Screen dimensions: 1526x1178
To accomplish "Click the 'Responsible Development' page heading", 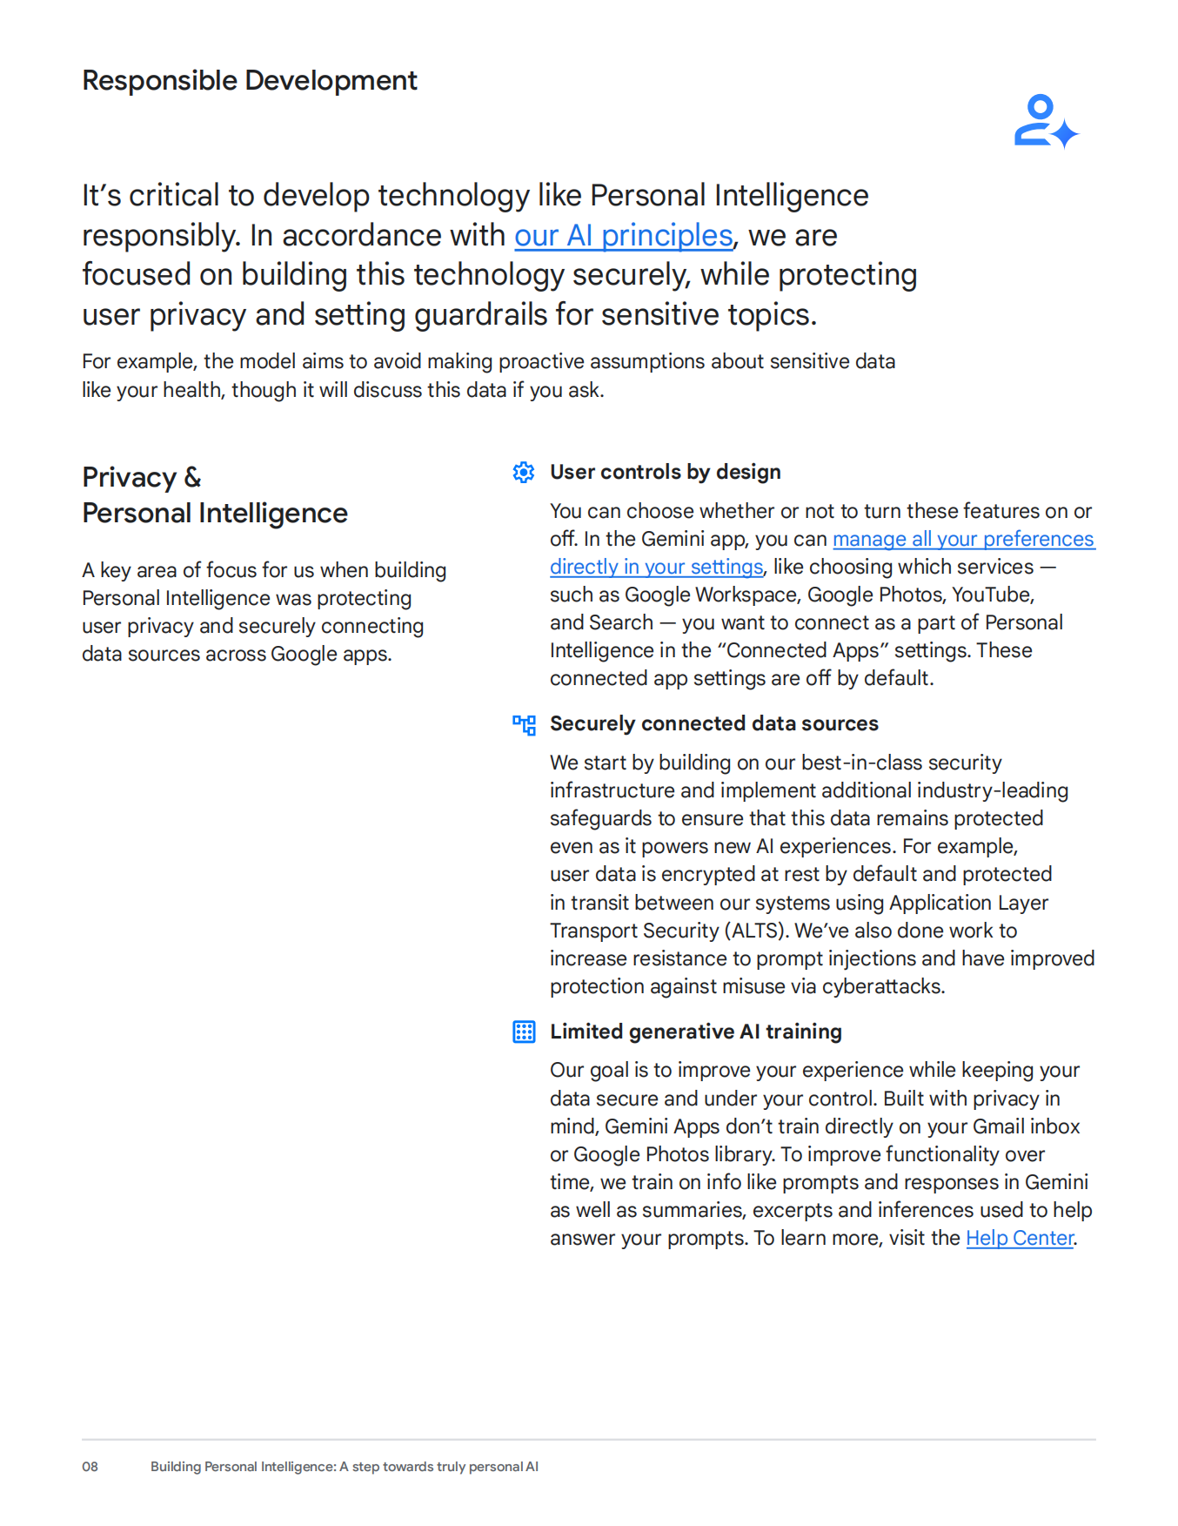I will tap(250, 81).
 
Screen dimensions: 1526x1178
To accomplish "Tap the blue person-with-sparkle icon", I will tap(1045, 122).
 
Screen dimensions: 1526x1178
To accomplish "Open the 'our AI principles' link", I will tap(623, 236).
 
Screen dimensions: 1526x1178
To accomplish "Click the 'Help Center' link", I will tap(1020, 1238).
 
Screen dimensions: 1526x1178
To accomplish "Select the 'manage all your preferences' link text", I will tap(963, 540).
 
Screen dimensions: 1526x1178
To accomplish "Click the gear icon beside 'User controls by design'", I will tap(524, 473).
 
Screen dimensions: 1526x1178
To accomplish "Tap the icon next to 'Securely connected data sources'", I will tap(524, 724).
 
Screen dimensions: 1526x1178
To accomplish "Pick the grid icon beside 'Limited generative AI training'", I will tap(524, 1032).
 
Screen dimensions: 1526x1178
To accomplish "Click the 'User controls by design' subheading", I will tap(665, 473).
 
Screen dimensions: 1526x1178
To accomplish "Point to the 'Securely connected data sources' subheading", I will tap(713, 724).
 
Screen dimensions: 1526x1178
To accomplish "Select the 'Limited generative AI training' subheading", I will tap(695, 1032).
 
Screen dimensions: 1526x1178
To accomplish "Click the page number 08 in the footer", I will tap(90, 1467).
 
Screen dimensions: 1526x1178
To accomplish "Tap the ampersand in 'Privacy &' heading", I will tap(192, 478).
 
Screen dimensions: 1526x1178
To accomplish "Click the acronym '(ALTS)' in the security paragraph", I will tap(756, 931).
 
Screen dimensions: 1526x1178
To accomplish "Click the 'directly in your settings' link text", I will tap(656, 568).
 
